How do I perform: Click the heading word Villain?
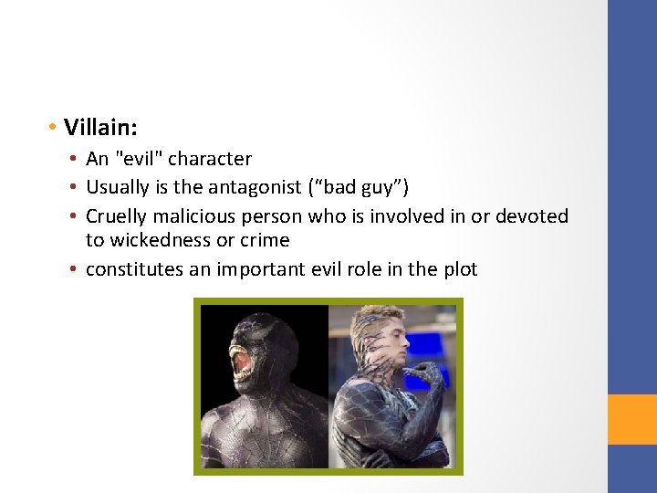coord(100,125)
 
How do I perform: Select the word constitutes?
coord(133,269)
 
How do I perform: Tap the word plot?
coord(459,269)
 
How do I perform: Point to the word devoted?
coord(533,216)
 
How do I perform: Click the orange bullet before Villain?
coord(55,125)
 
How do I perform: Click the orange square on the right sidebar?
coord(632,419)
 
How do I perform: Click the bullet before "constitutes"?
coord(74,269)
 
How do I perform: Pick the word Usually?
coord(119,188)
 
